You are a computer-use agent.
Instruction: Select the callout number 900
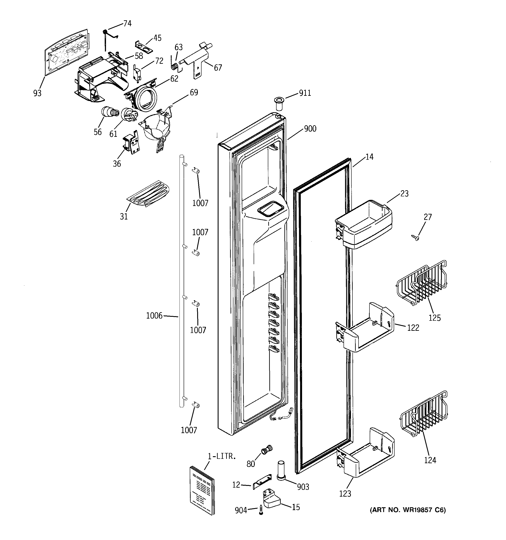[310, 129]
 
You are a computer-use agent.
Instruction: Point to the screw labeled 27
[415, 238]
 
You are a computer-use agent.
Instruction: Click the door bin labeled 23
[364, 224]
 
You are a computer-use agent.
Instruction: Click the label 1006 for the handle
[154, 316]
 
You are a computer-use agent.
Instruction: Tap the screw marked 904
[261, 510]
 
